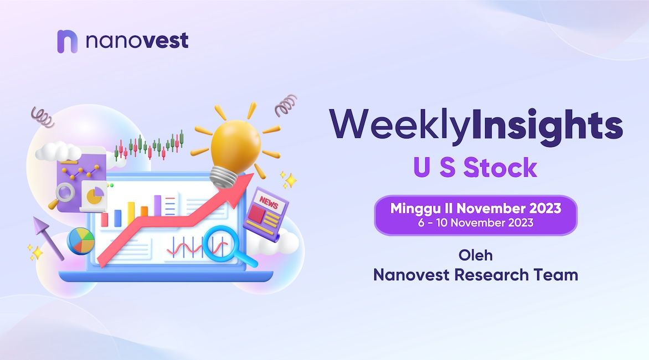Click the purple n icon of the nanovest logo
click(x=67, y=42)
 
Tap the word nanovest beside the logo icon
click(x=137, y=40)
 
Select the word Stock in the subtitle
click(x=500, y=168)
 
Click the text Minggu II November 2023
click(x=476, y=208)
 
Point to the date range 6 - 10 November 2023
click(x=476, y=223)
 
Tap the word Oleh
click(x=476, y=255)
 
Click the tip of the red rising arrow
click(x=253, y=174)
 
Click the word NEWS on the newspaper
click(x=269, y=203)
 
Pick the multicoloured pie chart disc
click(x=81, y=240)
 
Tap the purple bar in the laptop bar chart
click(x=157, y=205)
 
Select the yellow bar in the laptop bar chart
click(x=131, y=214)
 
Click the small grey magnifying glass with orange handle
click(x=63, y=194)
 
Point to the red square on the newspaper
click(x=256, y=214)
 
